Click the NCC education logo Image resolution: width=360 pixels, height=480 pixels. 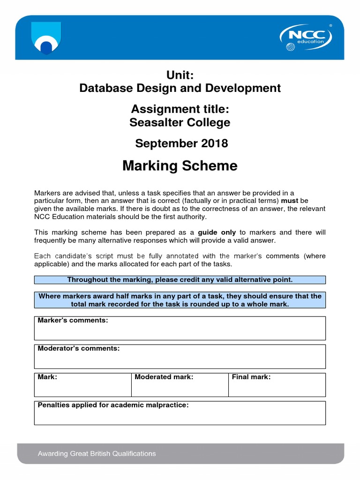306,37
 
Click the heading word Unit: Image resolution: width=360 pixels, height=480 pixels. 180,75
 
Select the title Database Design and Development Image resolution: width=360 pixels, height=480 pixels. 180,88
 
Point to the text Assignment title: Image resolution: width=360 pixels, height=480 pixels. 180,109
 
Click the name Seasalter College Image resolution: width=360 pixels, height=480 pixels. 180,122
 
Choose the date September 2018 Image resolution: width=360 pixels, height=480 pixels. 181,143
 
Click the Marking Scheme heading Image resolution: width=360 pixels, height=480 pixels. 180,166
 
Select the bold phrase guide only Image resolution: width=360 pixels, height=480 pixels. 217,232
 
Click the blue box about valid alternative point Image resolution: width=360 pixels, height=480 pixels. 180,280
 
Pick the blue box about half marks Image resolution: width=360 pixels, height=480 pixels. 180,300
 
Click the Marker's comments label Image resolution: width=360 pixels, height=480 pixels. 73,321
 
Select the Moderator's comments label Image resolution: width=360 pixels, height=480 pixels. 79,349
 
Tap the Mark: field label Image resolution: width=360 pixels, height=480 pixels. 47,377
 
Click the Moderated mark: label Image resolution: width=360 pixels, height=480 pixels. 164,377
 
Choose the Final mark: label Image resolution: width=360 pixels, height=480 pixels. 251,377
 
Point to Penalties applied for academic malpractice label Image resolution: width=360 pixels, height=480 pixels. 113,405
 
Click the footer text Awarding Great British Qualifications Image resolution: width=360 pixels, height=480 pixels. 97,454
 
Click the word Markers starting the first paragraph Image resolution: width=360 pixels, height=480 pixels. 48,193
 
